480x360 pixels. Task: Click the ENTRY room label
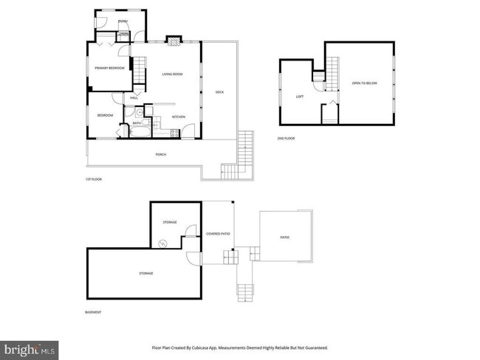click(123, 21)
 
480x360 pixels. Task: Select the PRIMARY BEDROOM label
click(109, 68)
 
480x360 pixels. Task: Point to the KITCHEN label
click(178, 117)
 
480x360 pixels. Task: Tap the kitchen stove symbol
click(174, 133)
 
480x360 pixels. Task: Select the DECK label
click(219, 92)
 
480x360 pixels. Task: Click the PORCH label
click(160, 154)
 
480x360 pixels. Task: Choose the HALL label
click(134, 97)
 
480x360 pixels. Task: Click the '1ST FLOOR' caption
click(93, 179)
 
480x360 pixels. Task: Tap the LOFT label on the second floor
click(299, 97)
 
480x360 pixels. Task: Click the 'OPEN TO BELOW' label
click(364, 83)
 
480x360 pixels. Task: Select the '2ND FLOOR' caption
click(286, 139)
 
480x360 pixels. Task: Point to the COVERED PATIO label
click(218, 234)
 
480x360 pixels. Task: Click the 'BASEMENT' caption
click(94, 313)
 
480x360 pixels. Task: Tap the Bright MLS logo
click(30, 347)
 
